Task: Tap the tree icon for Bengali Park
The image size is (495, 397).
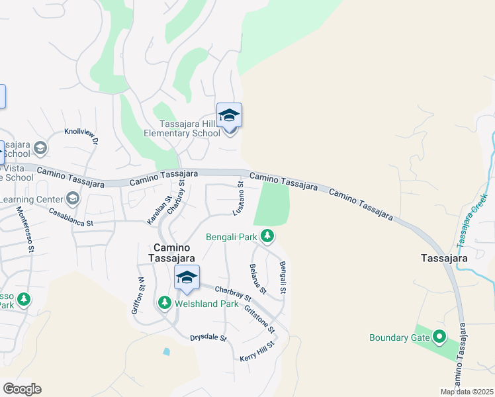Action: [267, 236]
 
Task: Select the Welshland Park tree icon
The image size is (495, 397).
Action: [164, 303]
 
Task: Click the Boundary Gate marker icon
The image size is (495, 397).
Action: [439, 337]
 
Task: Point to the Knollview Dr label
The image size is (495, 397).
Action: [81, 135]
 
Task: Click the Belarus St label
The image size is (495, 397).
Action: [258, 278]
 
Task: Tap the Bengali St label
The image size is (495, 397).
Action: [283, 278]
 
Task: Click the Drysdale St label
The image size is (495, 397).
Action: [208, 337]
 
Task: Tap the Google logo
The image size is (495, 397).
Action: [22, 389]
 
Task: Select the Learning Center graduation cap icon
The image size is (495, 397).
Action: [72, 198]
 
